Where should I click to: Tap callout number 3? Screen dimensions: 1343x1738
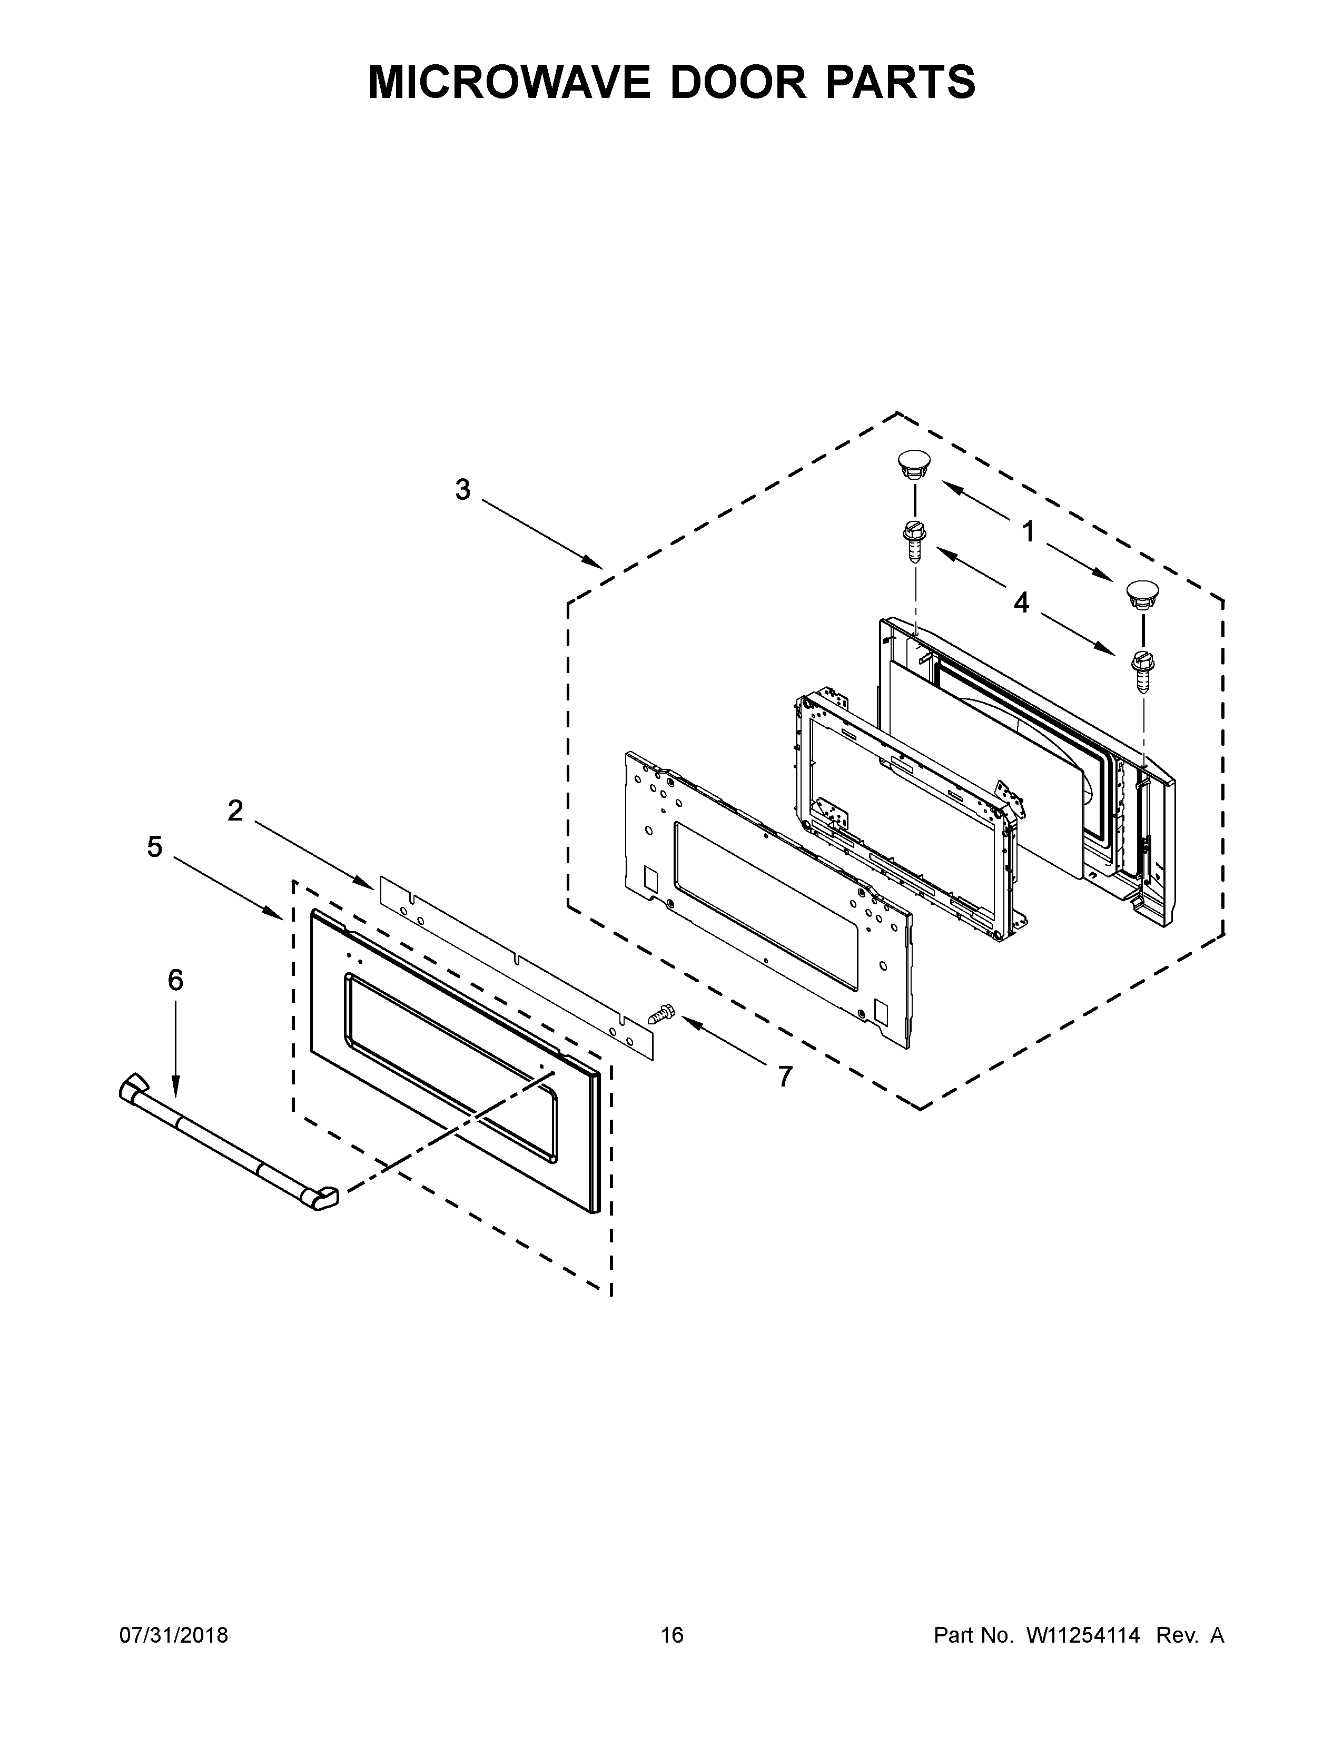pos(462,489)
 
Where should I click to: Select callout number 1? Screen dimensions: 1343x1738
pos(1029,531)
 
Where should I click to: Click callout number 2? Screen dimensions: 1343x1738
pos(235,810)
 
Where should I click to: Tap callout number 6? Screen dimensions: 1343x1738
pos(175,980)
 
